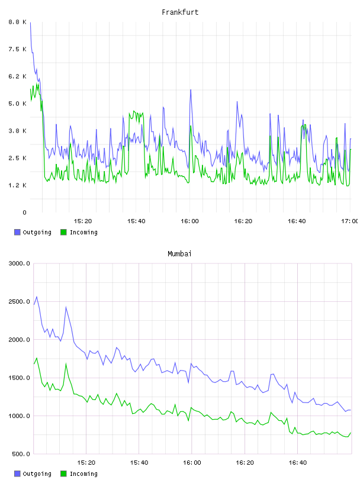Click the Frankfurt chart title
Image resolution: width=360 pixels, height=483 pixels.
(180, 12)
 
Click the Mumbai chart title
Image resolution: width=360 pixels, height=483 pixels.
(179, 254)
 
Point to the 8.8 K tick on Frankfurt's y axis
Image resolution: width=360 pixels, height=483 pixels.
(18, 22)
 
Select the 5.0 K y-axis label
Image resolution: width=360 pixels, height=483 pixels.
(18, 104)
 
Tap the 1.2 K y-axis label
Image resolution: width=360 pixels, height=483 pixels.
(18, 185)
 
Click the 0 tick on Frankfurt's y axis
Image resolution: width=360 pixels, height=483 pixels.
(24, 212)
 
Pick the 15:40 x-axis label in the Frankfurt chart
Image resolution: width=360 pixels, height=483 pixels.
(136, 221)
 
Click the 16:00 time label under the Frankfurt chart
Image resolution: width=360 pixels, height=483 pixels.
(189, 221)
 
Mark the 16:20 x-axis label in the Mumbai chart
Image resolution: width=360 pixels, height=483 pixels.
(245, 462)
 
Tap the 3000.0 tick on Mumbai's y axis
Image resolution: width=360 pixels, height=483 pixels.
(19, 263)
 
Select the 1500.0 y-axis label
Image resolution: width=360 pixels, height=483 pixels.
(19, 378)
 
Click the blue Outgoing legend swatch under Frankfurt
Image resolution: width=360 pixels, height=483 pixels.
(17, 232)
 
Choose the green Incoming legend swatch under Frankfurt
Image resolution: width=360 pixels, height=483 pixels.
(63, 232)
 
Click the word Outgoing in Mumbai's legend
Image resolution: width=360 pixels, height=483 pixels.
(37, 474)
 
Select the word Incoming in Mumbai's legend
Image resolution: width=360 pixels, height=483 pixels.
(83, 474)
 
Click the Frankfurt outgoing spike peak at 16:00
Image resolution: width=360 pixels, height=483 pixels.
(191, 89)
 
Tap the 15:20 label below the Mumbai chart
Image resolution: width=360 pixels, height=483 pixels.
(86, 462)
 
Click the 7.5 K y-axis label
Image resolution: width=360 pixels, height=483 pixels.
(18, 49)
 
